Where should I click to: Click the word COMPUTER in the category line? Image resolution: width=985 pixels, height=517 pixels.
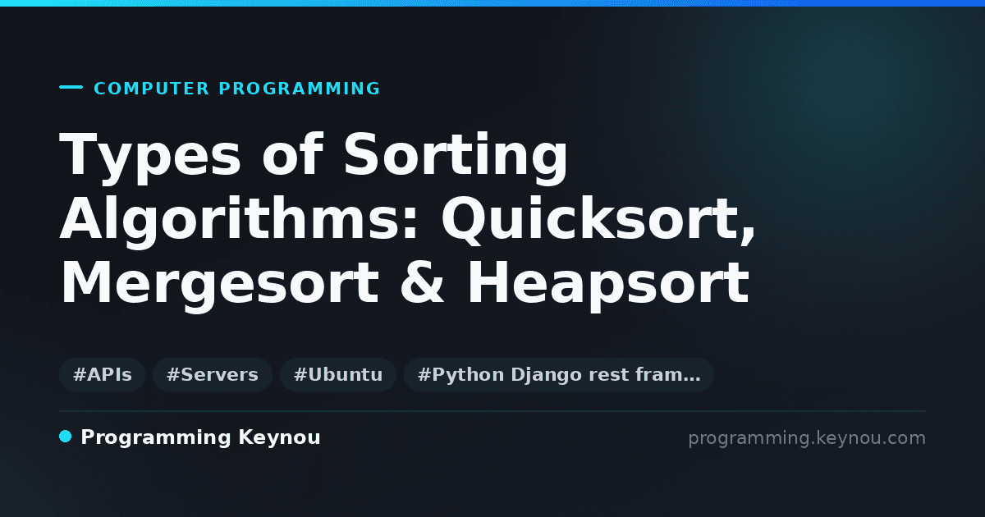(x=152, y=89)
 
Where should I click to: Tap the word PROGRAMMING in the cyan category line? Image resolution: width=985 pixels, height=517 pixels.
(x=300, y=89)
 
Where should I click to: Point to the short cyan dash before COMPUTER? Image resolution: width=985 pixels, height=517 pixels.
(x=71, y=87)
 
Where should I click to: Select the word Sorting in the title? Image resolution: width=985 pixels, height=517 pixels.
(x=456, y=157)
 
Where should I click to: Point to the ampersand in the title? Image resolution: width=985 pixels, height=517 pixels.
(x=422, y=282)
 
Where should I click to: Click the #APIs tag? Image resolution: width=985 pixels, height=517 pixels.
(x=103, y=375)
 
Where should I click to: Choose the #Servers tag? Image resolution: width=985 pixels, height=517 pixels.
(x=213, y=375)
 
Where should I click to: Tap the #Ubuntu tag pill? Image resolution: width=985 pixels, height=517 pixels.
(x=338, y=375)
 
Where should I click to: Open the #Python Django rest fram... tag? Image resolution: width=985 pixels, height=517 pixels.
(x=559, y=375)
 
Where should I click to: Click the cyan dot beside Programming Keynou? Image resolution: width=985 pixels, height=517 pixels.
(x=65, y=437)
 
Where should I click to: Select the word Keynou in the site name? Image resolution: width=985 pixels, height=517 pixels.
(x=279, y=438)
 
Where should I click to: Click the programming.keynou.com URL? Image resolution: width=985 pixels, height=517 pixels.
(x=807, y=439)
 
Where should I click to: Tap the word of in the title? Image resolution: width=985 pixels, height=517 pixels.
(x=292, y=154)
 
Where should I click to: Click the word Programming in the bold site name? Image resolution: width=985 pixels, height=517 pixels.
(x=156, y=438)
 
